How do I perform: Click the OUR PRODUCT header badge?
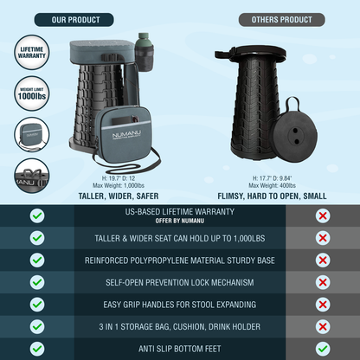click(x=74, y=20)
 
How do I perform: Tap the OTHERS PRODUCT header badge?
click(x=282, y=20)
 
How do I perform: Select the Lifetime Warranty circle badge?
click(x=32, y=53)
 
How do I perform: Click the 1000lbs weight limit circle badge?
click(x=32, y=93)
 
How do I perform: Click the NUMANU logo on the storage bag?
click(x=126, y=135)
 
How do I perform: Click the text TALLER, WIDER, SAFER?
click(x=119, y=196)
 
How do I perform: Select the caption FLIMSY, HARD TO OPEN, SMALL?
click(x=272, y=196)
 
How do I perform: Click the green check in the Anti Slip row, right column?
click(x=323, y=349)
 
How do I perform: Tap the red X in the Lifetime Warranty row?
click(x=323, y=215)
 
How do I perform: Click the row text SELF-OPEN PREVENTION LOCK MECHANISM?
click(x=180, y=282)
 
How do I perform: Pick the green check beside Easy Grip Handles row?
click(x=37, y=305)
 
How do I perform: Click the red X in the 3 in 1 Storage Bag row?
click(x=323, y=326)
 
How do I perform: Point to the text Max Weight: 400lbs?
click(x=272, y=185)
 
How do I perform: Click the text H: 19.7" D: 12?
click(x=119, y=178)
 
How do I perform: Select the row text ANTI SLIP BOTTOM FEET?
click(x=180, y=349)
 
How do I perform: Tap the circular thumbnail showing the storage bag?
click(x=32, y=135)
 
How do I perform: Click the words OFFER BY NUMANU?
click(x=180, y=221)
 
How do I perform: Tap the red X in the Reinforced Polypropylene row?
click(x=323, y=260)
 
